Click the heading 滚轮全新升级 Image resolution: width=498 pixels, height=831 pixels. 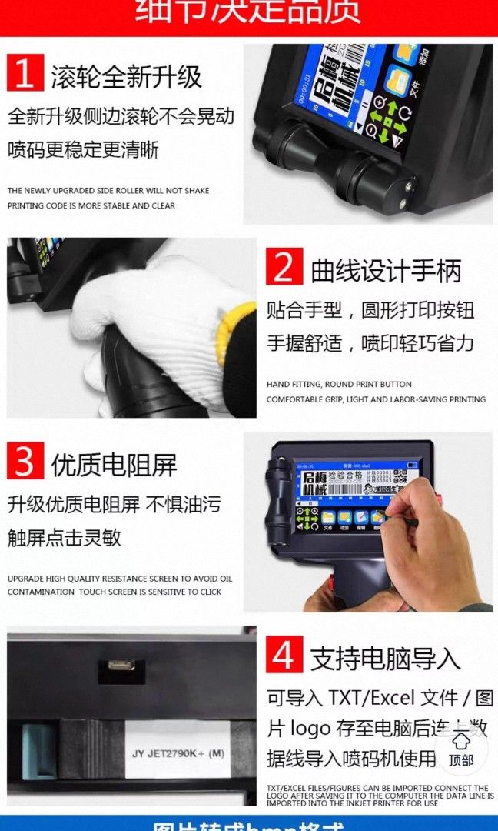126,75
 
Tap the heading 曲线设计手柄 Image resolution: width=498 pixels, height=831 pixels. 386,270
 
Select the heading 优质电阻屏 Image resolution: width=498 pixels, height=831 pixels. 114,464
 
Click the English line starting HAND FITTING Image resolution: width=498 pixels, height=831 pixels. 339,384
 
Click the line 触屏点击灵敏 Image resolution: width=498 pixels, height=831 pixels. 65,537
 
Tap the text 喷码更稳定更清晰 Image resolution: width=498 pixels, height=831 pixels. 83,149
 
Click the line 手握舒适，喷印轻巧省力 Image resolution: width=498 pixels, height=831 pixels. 370,343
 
